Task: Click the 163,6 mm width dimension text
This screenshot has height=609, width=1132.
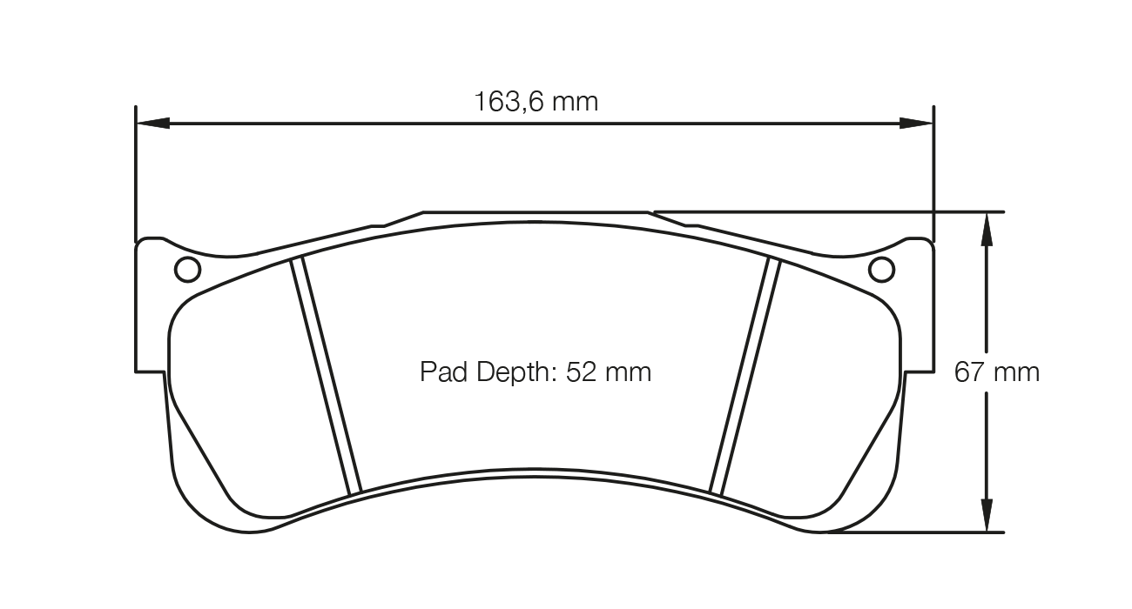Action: point(536,102)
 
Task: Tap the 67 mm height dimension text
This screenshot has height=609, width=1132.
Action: point(997,373)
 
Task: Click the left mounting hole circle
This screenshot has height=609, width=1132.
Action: point(187,271)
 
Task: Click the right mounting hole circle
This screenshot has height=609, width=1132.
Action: point(882,271)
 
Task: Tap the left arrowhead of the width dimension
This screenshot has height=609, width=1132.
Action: point(153,124)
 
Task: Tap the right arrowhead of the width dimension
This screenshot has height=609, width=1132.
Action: point(917,124)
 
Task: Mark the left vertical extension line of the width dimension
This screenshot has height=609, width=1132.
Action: point(136,174)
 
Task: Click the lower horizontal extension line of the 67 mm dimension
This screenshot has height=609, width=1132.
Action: point(914,532)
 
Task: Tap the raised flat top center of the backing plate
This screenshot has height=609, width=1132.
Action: point(536,211)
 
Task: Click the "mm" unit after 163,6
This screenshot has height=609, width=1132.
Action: point(576,102)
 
